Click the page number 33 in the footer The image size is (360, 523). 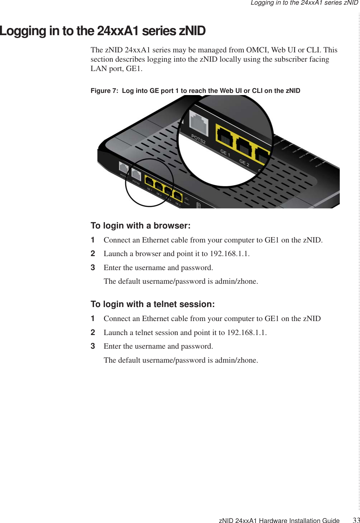(x=356, y=520)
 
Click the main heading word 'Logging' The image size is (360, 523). (x=23, y=31)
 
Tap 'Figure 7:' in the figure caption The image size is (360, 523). (x=104, y=91)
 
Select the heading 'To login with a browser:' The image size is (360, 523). (x=140, y=226)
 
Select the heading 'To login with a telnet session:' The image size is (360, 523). (x=153, y=304)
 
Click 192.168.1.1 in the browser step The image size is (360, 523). (x=229, y=254)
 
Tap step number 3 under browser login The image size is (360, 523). (x=93, y=268)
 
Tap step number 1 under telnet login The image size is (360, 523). (x=93, y=319)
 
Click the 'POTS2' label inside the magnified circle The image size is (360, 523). (x=198, y=139)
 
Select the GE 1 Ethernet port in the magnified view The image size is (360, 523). (x=224, y=135)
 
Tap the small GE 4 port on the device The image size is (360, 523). (x=178, y=196)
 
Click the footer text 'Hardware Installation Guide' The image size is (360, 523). (x=299, y=520)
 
